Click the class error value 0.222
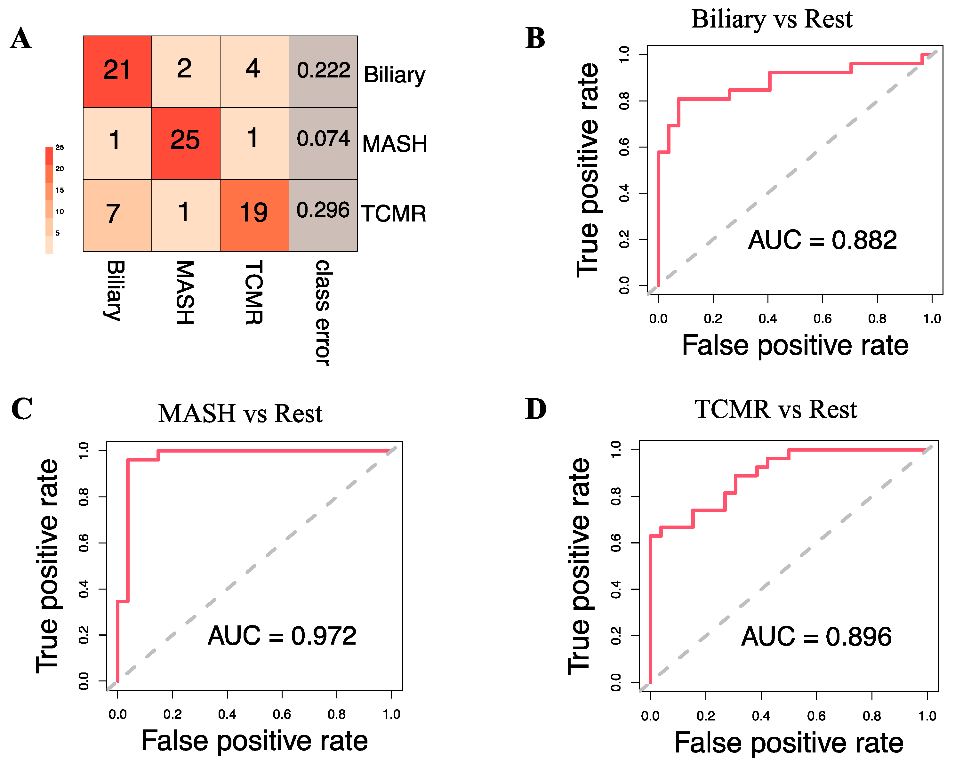pos(323,70)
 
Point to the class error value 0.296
pos(323,210)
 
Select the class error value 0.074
pos(323,138)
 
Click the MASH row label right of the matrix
pos(394,144)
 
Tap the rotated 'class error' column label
pos(323,313)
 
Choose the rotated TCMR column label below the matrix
pos(254,293)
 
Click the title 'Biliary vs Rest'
pos(772,20)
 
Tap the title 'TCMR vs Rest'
pos(776,410)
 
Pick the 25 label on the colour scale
pos(60,147)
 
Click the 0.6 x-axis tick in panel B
pos(823,318)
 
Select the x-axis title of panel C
pos(254,741)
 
